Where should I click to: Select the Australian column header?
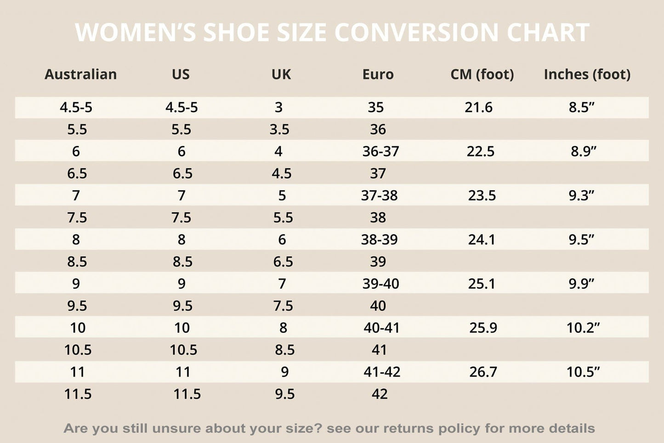coord(80,75)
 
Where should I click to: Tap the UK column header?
coord(281,75)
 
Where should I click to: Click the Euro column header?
coord(378,75)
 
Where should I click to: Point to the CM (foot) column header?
coord(482,75)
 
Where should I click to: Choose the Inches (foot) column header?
coord(587,75)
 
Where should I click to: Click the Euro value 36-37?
coord(380,151)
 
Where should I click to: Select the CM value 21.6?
coord(478,107)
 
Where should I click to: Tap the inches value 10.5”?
coord(583,372)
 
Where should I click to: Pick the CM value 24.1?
coord(482,240)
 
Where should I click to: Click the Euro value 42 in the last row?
coord(380,394)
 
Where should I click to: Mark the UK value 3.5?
coord(279,129)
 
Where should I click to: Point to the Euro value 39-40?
coord(380,284)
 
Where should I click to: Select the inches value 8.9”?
coord(583,151)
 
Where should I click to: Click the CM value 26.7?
coord(483,372)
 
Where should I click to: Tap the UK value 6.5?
coord(283,262)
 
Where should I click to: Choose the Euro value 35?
coord(375,107)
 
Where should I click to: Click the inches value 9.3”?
coord(581,196)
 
